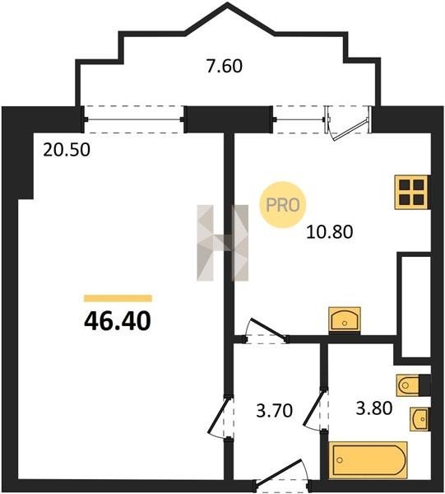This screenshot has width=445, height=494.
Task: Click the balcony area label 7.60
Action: pyautogui.click(x=225, y=66)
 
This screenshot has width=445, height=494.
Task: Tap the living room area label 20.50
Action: pyautogui.click(x=67, y=150)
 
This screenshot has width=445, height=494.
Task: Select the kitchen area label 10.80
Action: pyautogui.click(x=330, y=232)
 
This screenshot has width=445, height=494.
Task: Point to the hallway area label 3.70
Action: pyautogui.click(x=275, y=411)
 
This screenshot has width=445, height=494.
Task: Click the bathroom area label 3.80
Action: pyautogui.click(x=374, y=408)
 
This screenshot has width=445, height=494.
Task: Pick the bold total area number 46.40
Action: pyautogui.click(x=118, y=321)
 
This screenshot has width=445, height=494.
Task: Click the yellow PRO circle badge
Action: pyautogui.click(x=282, y=205)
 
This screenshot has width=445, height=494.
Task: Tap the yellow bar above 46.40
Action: pyautogui.click(x=118, y=298)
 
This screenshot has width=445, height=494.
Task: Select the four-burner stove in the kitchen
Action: pyautogui.click(x=411, y=192)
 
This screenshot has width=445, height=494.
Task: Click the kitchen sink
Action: pyautogui.click(x=345, y=319)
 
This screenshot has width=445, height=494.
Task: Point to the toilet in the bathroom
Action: pyautogui.click(x=413, y=384)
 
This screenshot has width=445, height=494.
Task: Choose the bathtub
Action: pyautogui.click(x=368, y=460)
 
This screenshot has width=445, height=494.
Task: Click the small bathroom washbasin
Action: pyautogui.click(x=419, y=419)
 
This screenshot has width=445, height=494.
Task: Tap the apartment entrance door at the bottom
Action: pyautogui.click(x=282, y=476)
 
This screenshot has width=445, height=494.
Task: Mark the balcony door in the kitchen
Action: pyautogui.click(x=349, y=123)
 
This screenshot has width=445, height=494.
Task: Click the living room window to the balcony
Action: pyautogui.click(x=134, y=119)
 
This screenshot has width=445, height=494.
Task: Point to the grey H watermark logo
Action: pyautogui.click(x=222, y=243)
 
